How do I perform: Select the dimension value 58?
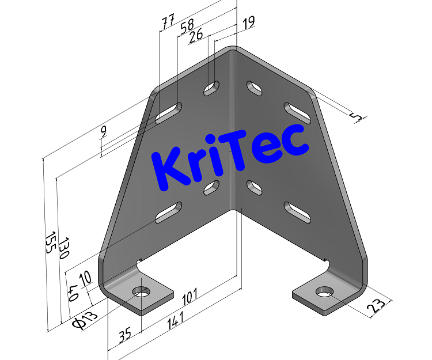tap(187, 27)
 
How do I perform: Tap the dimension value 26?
tap(195, 35)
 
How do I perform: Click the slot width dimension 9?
tap(103, 131)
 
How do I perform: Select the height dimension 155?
tap(50, 242)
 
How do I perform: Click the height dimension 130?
tap(63, 247)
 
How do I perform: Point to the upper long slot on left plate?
tap(168, 112)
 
